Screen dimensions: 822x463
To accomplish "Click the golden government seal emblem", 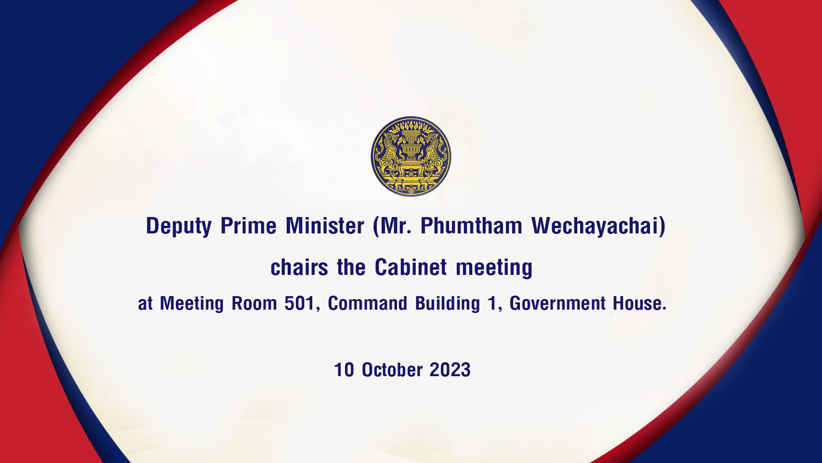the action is click(411, 156).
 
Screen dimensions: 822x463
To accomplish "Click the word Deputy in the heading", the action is click(179, 226).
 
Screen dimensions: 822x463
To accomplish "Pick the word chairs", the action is click(299, 267).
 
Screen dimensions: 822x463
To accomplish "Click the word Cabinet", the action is click(411, 267).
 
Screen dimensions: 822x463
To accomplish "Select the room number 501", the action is click(299, 303).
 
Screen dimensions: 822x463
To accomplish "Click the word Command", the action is click(367, 303).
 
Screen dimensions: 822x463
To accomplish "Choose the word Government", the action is click(557, 303).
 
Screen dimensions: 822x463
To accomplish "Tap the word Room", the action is click(254, 303).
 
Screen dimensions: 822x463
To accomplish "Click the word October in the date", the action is click(392, 369).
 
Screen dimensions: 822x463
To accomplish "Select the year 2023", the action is click(450, 369).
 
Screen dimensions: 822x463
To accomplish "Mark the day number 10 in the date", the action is click(344, 369).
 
